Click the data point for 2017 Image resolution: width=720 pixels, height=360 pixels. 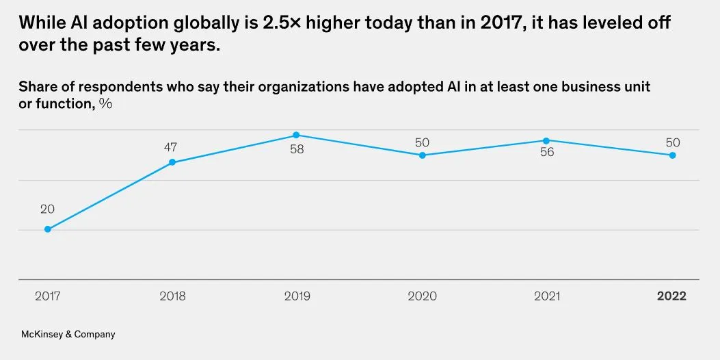click(x=48, y=229)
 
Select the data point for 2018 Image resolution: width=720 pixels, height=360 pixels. click(x=172, y=162)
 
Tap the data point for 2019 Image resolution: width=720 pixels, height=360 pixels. click(x=296, y=136)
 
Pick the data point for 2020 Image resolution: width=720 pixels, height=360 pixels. click(x=423, y=155)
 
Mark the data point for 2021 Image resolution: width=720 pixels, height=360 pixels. click(x=546, y=141)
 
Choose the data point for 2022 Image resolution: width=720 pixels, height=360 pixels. click(x=673, y=155)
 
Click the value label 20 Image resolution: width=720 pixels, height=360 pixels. click(x=47, y=209)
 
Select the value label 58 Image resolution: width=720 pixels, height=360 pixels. click(x=296, y=150)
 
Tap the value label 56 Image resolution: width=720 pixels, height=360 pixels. click(x=546, y=153)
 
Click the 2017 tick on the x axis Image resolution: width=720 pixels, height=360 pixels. click(x=48, y=296)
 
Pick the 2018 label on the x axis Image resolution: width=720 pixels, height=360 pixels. click(x=172, y=296)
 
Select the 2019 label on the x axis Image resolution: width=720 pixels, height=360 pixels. click(x=297, y=296)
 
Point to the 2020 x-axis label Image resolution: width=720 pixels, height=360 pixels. click(x=423, y=296)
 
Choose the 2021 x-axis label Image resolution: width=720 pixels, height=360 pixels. click(x=546, y=296)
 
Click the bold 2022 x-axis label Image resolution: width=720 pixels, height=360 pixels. click(x=671, y=296)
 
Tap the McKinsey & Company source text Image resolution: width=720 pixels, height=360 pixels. click(x=68, y=335)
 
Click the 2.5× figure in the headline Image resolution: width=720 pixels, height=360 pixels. click(x=284, y=23)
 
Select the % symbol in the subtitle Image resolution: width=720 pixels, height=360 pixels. click(x=105, y=103)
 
